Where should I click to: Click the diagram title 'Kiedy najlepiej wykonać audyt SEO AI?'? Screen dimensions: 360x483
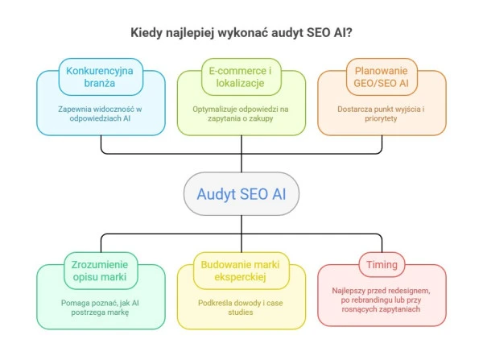pyautogui.click(x=241, y=33)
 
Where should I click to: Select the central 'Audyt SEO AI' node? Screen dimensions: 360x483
pyautogui.click(x=242, y=194)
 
